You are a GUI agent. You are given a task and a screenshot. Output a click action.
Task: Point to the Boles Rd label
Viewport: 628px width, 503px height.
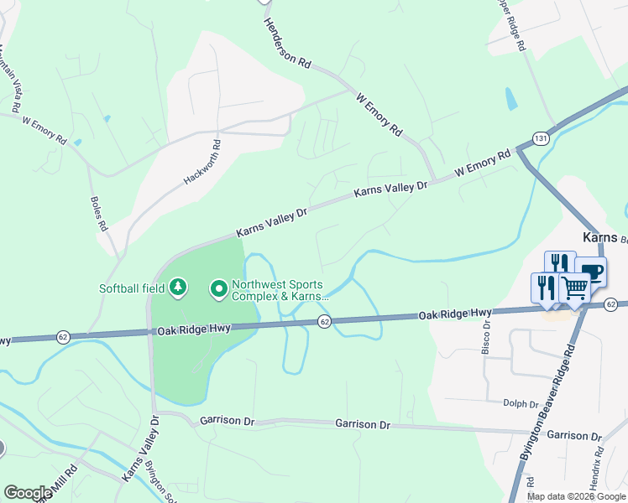click(x=98, y=214)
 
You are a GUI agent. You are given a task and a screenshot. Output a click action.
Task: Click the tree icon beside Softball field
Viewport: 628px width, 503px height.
click(x=177, y=288)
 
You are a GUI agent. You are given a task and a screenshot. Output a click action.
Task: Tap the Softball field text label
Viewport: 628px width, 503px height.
click(x=132, y=288)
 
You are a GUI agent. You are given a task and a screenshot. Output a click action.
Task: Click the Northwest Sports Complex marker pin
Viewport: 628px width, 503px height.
click(x=219, y=289)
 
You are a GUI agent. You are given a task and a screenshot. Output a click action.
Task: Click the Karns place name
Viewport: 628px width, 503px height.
click(x=599, y=237)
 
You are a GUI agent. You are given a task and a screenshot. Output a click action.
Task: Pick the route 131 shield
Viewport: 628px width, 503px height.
click(x=541, y=138)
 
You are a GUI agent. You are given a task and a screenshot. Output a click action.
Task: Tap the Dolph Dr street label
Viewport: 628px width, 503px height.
click(x=520, y=403)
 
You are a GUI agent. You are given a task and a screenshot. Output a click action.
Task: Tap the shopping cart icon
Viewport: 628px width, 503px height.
click(x=575, y=288)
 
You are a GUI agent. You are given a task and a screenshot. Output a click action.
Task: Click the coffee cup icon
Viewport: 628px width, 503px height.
click(x=591, y=271)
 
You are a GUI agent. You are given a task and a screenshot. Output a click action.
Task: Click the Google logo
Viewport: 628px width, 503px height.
click(x=27, y=493)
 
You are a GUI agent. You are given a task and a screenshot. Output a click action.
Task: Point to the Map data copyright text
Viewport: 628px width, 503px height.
click(x=577, y=496)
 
